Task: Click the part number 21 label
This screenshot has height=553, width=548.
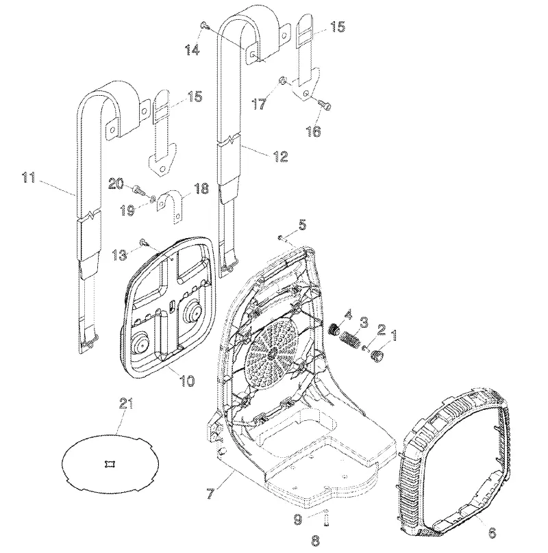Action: point(126,404)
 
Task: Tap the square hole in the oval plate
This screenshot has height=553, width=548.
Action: point(110,464)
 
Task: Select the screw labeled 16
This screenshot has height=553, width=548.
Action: point(325,104)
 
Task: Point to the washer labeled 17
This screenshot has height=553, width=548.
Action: point(283,80)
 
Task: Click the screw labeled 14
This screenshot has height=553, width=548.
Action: point(204,25)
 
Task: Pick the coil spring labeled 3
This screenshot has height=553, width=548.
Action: point(350,341)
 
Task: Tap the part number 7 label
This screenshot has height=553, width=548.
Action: point(210,493)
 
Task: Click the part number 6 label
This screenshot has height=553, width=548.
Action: point(493,532)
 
